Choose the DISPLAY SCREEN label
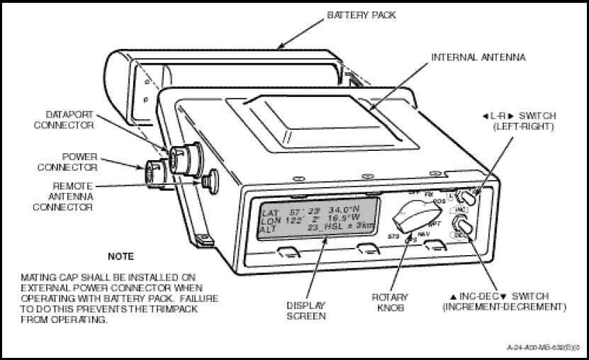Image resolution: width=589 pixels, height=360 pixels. (306, 310)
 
